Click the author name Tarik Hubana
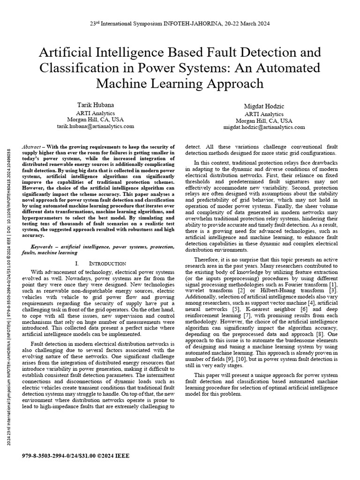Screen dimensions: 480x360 [95, 105]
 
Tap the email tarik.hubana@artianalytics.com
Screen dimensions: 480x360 [96, 127]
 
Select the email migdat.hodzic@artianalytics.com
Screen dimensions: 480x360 [270, 127]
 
